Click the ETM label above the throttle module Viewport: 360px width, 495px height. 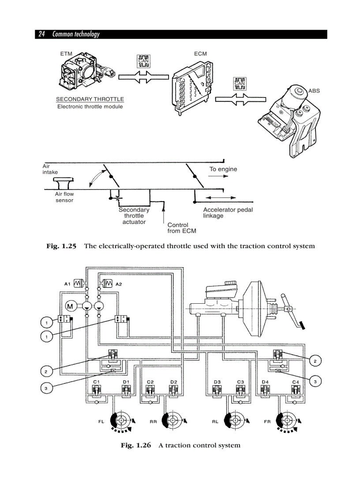point(66,54)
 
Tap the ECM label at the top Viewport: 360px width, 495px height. point(200,54)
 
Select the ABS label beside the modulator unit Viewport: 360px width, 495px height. point(314,91)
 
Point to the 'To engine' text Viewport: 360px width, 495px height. point(223,169)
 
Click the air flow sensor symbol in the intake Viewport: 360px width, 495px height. point(64,182)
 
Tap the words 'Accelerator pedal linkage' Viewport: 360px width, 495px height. point(228,212)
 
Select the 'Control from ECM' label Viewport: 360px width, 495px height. point(181,228)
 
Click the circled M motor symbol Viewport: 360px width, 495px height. point(70,306)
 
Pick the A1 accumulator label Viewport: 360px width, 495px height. point(67,284)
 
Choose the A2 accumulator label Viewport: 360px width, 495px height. point(119,284)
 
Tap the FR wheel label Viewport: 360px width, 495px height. point(267,422)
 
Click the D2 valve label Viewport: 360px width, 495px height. point(173,382)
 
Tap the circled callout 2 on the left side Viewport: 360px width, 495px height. point(46,372)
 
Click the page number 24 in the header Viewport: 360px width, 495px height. point(42,34)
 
